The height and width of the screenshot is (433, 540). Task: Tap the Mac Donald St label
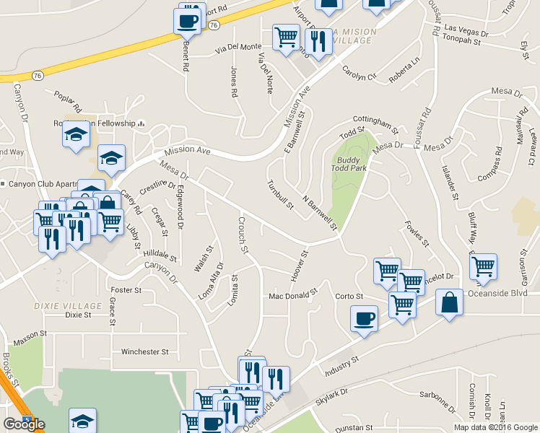coord(293,295)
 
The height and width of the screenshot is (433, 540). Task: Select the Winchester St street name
coord(144,352)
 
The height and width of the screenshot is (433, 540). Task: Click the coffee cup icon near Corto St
coord(364,318)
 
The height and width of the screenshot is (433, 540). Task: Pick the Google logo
coord(24,424)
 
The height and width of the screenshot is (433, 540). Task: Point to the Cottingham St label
coord(375,124)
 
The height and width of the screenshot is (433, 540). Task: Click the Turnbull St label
coord(280,194)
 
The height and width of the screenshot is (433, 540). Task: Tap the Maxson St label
coord(29,334)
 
